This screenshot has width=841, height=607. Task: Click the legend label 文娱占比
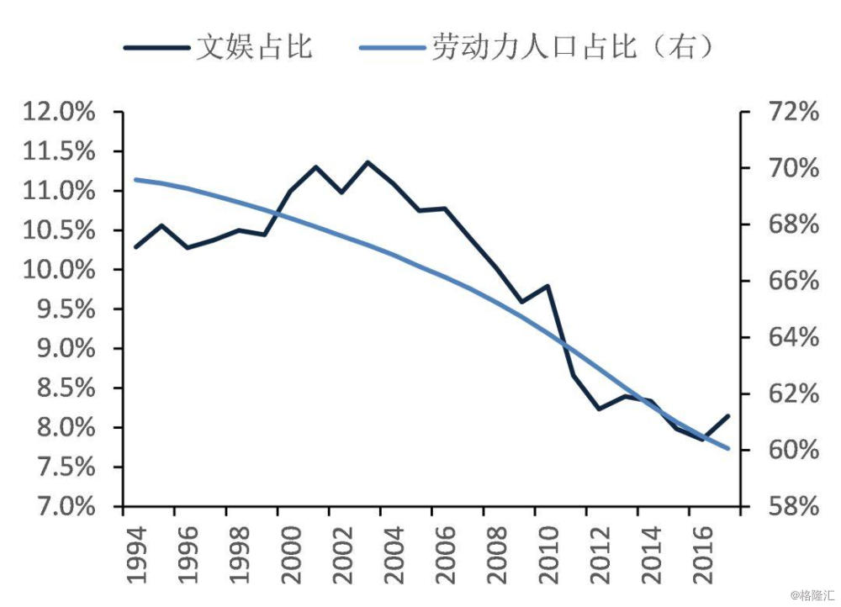[x=254, y=46]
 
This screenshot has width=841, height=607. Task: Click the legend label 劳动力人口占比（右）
[x=574, y=46]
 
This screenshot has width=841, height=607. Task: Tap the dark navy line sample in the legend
[x=156, y=47]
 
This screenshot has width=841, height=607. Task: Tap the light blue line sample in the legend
[x=393, y=47]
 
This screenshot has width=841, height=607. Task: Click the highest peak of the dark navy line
[x=368, y=161]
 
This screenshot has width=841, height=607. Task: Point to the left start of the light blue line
[x=136, y=179]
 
